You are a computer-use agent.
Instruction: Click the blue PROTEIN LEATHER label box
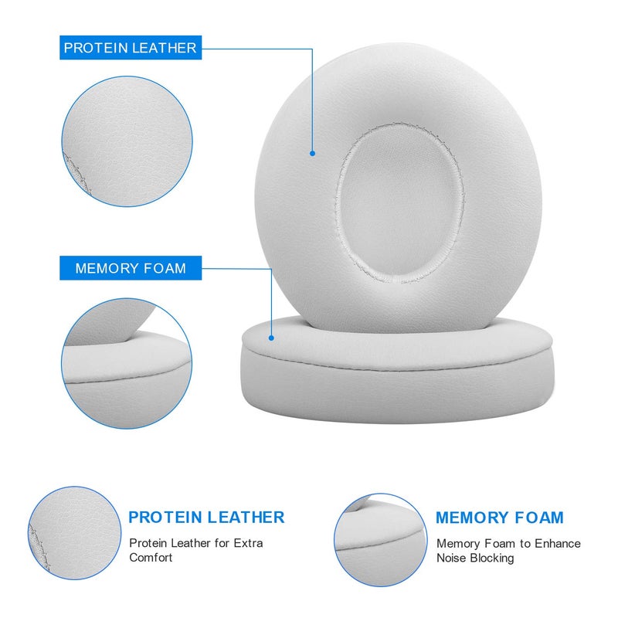click(x=130, y=48)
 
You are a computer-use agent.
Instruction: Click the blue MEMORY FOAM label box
click(x=130, y=269)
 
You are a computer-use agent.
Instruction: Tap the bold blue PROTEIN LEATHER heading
click(x=206, y=518)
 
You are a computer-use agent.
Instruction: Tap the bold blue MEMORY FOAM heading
click(x=499, y=518)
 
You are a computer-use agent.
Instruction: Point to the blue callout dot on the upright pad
click(x=313, y=153)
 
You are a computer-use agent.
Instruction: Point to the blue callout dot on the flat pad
click(x=272, y=338)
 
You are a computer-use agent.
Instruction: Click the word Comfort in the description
click(x=151, y=558)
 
